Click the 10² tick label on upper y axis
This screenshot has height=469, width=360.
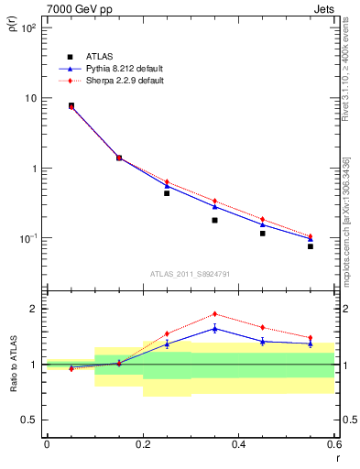tap(28, 28)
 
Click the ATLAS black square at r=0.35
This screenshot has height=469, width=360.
tap(214, 220)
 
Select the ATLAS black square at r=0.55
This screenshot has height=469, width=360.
tap(311, 246)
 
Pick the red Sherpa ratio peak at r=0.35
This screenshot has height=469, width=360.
tap(214, 314)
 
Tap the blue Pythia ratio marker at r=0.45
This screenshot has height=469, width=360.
tap(263, 341)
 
